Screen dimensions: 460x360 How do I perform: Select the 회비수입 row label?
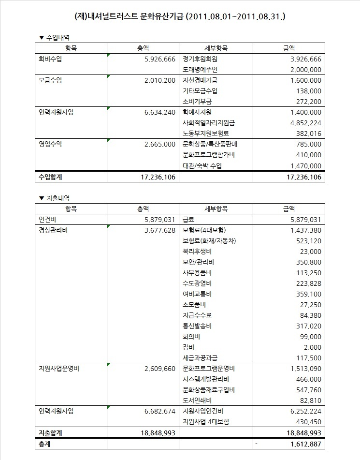click(x=50, y=59)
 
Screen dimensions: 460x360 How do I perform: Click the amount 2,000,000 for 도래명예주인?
click(x=306, y=70)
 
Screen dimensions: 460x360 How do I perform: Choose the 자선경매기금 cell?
click(x=200, y=80)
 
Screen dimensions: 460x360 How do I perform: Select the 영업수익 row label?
click(x=50, y=144)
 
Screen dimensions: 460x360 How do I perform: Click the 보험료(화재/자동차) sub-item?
click(x=209, y=240)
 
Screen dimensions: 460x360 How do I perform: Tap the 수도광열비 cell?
click(x=197, y=283)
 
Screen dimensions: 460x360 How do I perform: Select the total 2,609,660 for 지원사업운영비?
click(x=159, y=369)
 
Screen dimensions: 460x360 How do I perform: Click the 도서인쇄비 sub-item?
click(x=197, y=401)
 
